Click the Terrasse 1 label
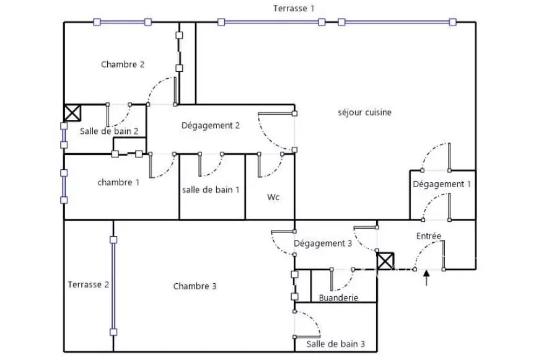[294, 9]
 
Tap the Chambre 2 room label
[123, 64]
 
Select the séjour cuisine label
[364, 112]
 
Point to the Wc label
[273, 197]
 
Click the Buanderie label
[338, 297]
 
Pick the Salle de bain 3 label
[335, 344]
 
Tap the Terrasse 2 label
[88, 284]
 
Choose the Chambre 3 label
[195, 286]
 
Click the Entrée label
[429, 236]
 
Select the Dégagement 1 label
[442, 184]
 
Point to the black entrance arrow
[426, 278]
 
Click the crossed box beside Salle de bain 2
[72, 113]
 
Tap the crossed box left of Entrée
[385, 261]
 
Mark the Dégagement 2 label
[211, 125]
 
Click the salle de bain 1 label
[211, 190]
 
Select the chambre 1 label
[118, 182]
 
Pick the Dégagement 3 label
[322, 244]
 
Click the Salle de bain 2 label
[109, 131]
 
